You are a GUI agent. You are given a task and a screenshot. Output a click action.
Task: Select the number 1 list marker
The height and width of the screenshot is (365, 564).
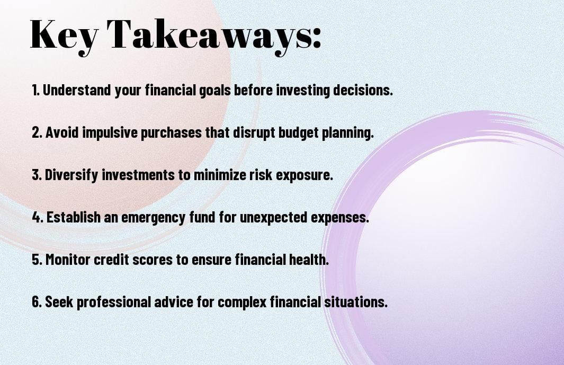point(35,90)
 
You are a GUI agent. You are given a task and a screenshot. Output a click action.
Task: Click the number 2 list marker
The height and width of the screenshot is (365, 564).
point(37,132)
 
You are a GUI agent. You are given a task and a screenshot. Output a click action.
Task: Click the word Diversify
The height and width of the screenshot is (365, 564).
point(71,175)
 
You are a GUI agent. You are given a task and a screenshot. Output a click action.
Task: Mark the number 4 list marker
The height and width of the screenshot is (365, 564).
point(37,217)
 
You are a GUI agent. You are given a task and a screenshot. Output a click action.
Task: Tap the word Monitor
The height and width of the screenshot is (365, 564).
point(68,259)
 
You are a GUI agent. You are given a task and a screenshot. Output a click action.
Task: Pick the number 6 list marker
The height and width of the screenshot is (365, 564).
point(37,301)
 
